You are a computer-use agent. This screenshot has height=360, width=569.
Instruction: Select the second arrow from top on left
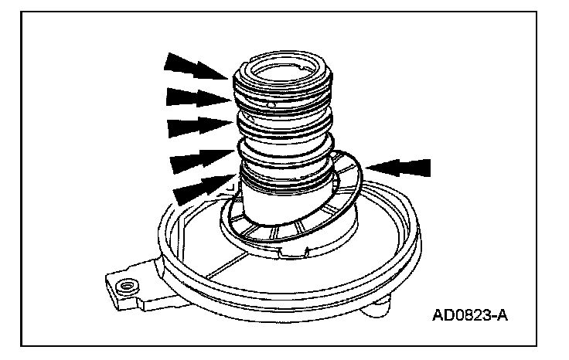click(x=196, y=97)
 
